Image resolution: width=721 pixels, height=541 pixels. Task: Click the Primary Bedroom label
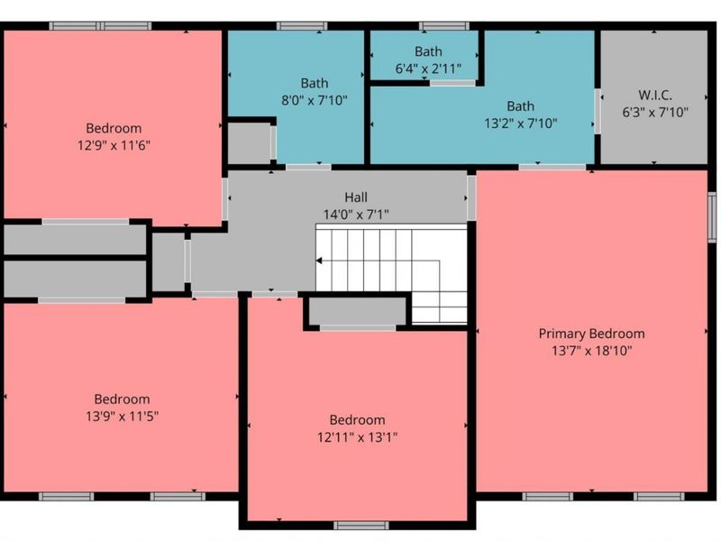click(x=591, y=334)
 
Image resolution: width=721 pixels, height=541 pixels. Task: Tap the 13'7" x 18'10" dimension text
click(x=592, y=351)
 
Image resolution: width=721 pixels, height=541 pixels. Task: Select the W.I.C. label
click(x=655, y=96)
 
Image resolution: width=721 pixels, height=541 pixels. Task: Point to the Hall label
click(x=356, y=197)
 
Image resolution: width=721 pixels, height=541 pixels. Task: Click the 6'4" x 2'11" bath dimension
click(x=428, y=69)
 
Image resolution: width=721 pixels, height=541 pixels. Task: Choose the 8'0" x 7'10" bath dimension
click(x=314, y=100)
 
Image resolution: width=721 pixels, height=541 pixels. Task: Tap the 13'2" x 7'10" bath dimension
click(x=521, y=124)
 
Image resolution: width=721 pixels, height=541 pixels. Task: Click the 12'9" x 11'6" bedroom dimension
click(x=114, y=145)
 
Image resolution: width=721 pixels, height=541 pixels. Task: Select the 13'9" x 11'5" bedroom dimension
click(x=122, y=417)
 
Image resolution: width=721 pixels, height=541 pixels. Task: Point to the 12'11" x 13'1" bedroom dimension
click(x=357, y=437)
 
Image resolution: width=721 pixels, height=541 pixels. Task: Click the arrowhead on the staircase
click(x=319, y=261)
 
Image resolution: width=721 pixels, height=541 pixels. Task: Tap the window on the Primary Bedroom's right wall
click(x=712, y=217)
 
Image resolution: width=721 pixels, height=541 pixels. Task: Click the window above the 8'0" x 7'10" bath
click(x=302, y=26)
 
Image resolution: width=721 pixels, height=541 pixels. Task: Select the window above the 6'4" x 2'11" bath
click(x=443, y=26)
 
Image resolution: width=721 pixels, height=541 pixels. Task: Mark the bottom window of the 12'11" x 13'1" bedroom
click(x=361, y=525)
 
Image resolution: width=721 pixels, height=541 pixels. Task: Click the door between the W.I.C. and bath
click(x=598, y=111)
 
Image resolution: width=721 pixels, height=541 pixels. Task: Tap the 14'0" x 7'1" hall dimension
click(x=356, y=215)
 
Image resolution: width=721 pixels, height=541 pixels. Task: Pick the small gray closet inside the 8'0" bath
click(x=250, y=142)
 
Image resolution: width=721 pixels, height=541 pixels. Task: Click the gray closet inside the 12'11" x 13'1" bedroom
click(x=357, y=311)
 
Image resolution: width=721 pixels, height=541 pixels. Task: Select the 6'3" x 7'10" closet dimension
click(x=655, y=112)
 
